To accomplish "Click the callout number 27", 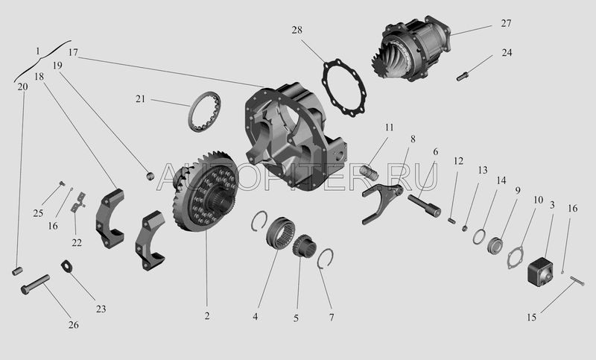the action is click(506, 23).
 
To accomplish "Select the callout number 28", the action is click(297, 30).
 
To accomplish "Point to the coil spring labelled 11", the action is click(369, 172).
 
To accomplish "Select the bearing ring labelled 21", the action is click(204, 112).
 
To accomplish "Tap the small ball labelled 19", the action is click(151, 176).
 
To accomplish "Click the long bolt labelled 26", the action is click(35, 285).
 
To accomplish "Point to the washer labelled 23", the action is click(67, 266).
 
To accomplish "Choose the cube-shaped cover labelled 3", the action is click(539, 271).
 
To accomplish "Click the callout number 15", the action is click(531, 318).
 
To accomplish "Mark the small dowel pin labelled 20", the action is click(17, 271).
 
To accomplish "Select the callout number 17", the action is click(73, 52).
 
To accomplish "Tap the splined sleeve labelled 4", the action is click(281, 233).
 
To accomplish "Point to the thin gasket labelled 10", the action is click(516, 257).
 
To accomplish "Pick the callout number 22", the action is click(77, 242).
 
